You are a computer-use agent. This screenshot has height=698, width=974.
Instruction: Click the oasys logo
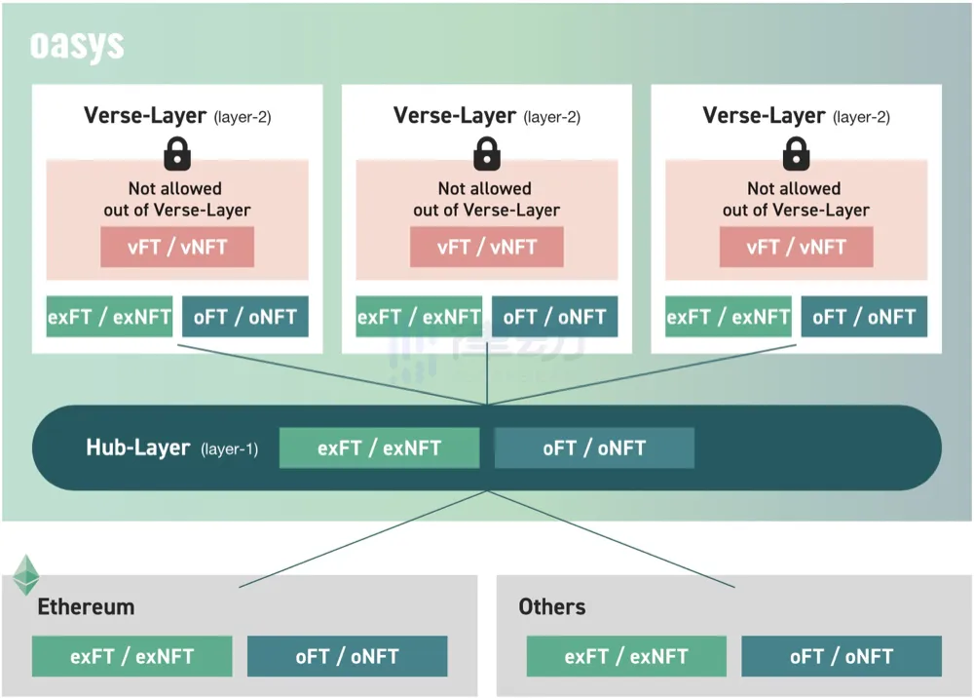[x=77, y=46]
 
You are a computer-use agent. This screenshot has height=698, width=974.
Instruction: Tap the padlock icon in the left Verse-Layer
[x=177, y=153]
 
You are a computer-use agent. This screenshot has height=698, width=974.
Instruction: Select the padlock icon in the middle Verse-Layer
[x=487, y=153]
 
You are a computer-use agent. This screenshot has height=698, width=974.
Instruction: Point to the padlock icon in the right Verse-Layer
[x=797, y=153]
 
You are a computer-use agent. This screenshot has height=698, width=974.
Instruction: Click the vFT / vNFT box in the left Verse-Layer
[x=177, y=247]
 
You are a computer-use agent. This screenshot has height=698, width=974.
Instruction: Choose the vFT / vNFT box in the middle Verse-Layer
[x=487, y=247]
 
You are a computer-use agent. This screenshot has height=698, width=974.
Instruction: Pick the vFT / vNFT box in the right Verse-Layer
[x=797, y=247]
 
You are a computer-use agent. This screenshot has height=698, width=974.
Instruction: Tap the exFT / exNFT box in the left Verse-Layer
[x=109, y=317]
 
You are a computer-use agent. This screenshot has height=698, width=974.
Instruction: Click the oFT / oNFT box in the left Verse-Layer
[x=245, y=317]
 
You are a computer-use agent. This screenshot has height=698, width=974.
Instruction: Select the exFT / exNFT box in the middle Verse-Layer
[x=419, y=317]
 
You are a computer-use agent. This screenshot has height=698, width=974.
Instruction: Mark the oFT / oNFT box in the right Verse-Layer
[x=864, y=317]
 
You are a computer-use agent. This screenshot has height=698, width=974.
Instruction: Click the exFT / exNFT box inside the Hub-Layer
[x=380, y=447]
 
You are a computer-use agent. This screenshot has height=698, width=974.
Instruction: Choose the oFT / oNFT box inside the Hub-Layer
[x=594, y=447]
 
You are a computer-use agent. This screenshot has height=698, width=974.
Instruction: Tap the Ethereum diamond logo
[x=26, y=575]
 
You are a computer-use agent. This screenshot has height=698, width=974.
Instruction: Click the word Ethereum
[x=86, y=606]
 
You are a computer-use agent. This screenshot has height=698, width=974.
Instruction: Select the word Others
[x=552, y=606]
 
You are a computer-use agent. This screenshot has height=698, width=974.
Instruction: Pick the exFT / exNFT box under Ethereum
[x=132, y=656]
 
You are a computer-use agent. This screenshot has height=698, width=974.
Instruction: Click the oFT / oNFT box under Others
[x=842, y=656]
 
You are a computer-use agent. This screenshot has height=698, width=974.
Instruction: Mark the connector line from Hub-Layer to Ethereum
[x=363, y=539]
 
